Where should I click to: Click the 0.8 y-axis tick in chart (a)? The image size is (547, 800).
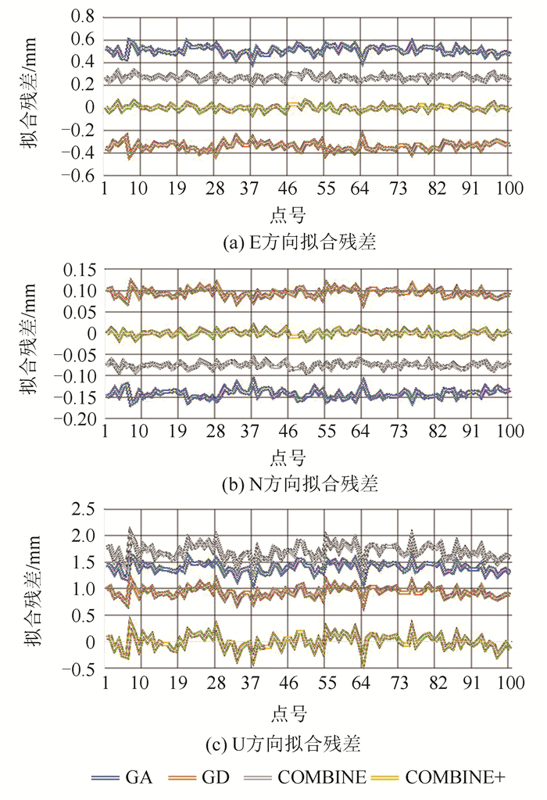pos(81,17)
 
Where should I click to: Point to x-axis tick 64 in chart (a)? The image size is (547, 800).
pos(362,190)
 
